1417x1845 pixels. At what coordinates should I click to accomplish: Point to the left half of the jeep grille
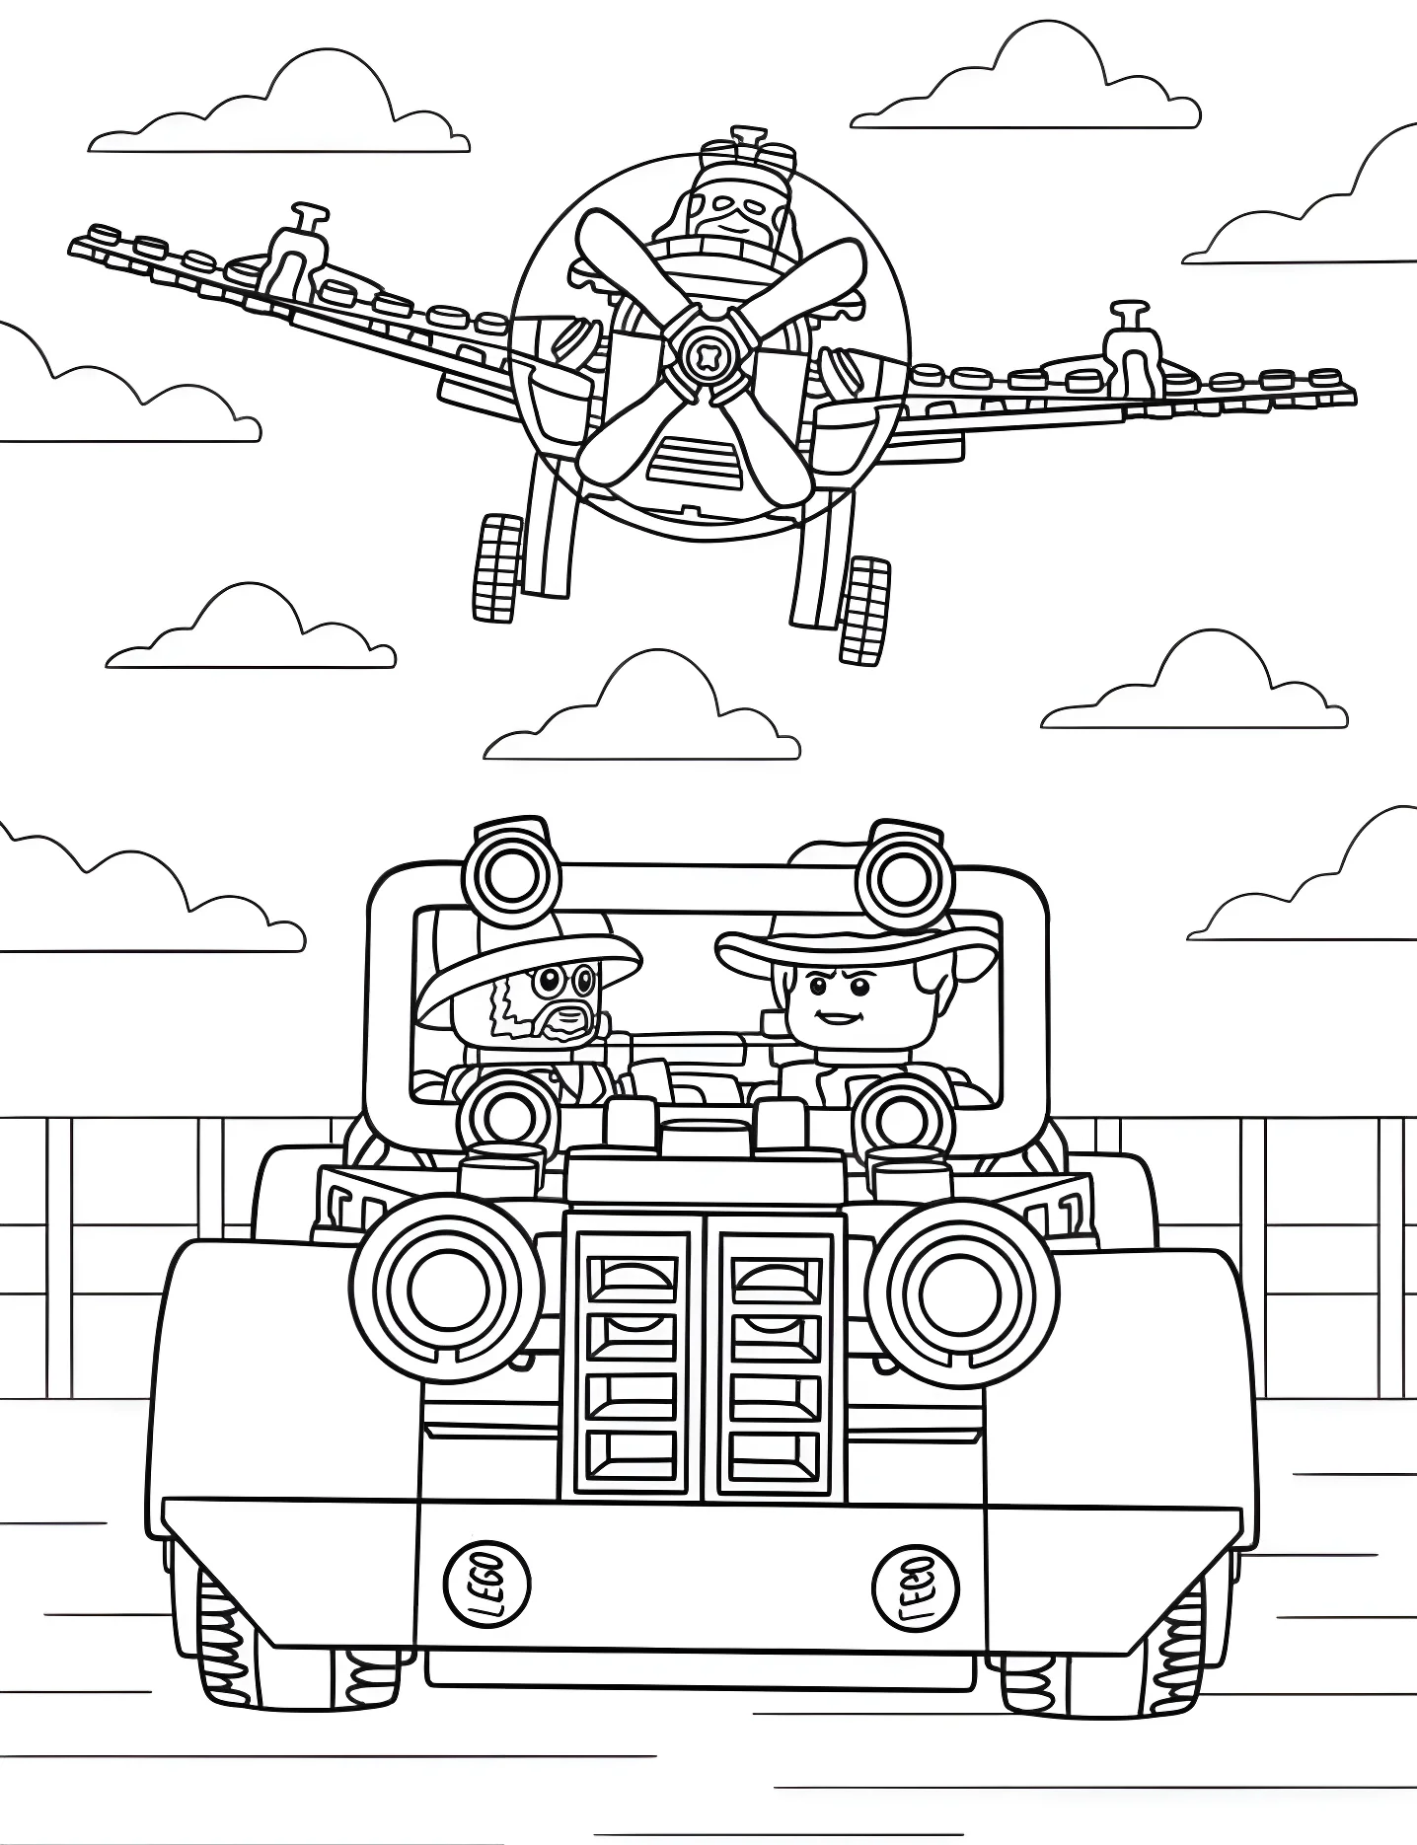click(633, 1365)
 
